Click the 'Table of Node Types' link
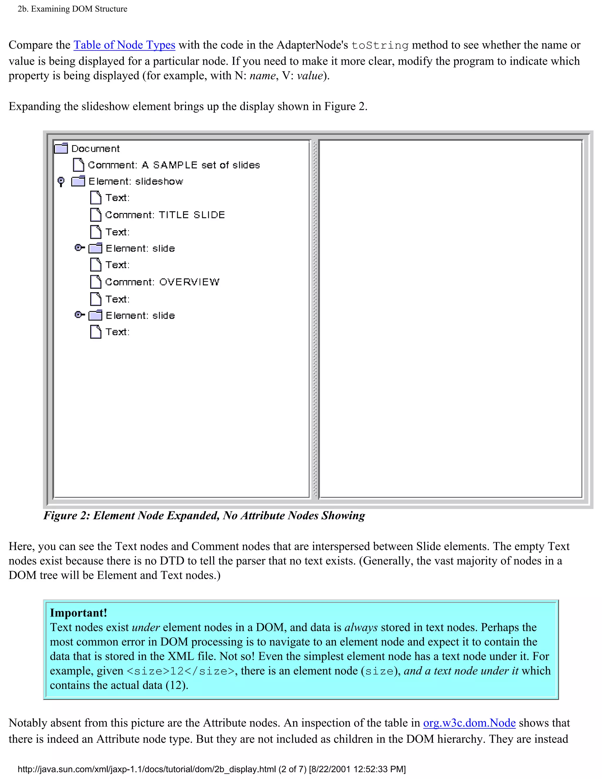pos(124,45)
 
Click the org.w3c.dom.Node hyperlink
pos(469,723)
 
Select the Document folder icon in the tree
pos(61,148)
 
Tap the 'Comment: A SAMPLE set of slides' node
pos(174,165)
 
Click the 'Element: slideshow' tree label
pos(136,182)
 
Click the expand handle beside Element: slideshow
pos(61,182)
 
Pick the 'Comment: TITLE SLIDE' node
pos(165,215)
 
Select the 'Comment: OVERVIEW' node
pos(162,282)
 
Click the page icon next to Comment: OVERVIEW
pos(95,282)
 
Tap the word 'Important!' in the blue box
pos(78,613)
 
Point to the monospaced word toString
pos(380,46)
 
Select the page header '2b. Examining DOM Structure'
pos(72,9)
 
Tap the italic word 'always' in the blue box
pos(361,627)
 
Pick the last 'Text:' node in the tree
pos(117,332)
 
